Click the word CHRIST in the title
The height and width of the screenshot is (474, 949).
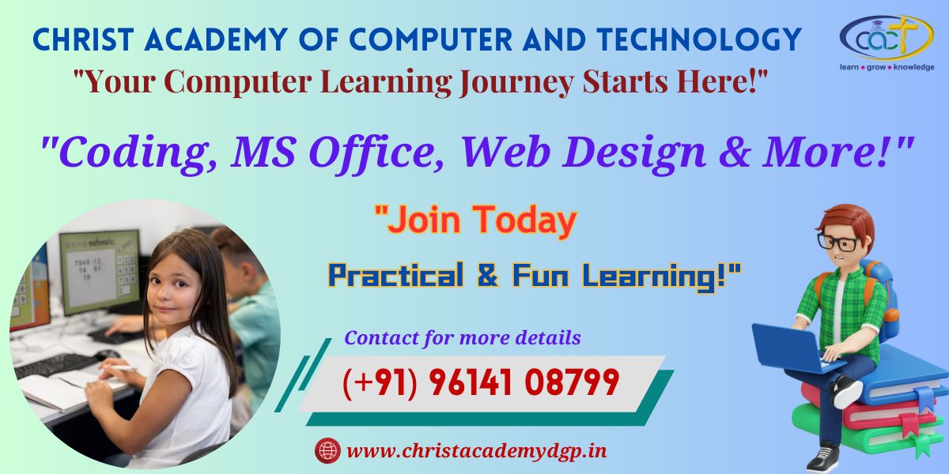click(x=84, y=39)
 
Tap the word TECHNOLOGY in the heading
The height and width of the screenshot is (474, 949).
click(x=699, y=39)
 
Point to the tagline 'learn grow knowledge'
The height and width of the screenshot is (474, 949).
click(x=887, y=67)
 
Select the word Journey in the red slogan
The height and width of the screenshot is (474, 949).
click(x=516, y=82)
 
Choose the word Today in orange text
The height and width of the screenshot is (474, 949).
click(x=524, y=220)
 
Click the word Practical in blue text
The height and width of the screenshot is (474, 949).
click(x=395, y=275)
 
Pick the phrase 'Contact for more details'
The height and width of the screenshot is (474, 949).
click(x=462, y=338)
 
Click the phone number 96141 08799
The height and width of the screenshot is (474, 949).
click(x=524, y=382)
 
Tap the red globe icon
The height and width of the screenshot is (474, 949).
click(x=327, y=450)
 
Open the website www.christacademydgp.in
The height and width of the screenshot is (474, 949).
click(x=477, y=451)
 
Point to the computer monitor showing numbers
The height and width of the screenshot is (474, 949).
click(x=100, y=271)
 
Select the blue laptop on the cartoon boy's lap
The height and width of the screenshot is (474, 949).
click(x=792, y=349)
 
